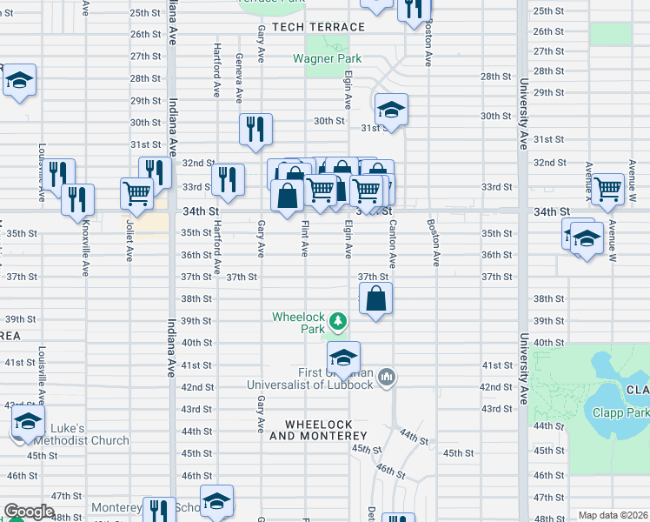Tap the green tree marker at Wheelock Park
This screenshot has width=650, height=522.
click(338, 325)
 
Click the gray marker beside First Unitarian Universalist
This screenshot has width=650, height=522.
click(388, 378)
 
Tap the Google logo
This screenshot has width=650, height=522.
click(28, 512)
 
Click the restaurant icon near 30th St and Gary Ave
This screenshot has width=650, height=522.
click(255, 130)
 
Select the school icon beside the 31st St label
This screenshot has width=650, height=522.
click(391, 110)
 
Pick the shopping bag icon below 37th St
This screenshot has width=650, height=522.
click(375, 299)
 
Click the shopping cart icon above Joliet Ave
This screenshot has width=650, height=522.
click(136, 193)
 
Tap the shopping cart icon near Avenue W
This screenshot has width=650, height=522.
click(608, 187)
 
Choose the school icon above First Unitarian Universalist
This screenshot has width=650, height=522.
click(343, 357)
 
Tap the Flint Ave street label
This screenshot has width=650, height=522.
click(305, 238)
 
